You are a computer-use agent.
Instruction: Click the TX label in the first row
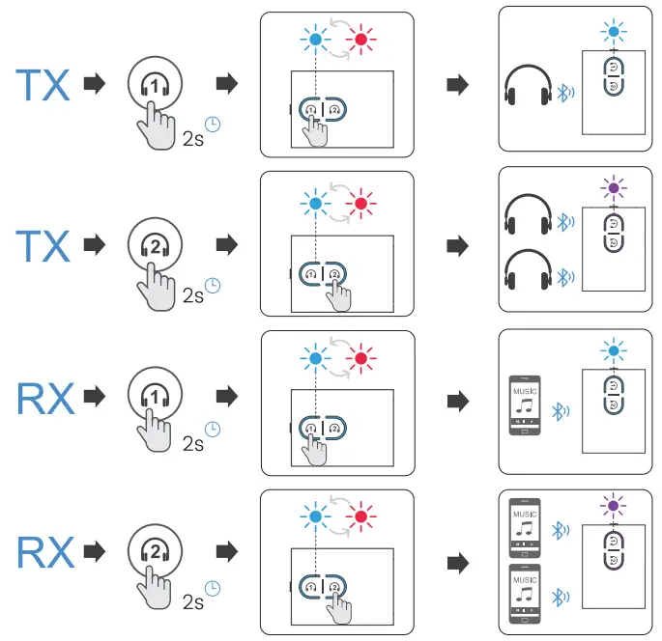point(43,86)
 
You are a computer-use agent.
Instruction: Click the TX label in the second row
point(43,246)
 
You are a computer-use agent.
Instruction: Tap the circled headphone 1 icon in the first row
point(154,85)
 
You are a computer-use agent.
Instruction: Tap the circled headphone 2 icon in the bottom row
point(154,552)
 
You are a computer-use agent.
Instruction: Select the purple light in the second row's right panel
point(611,186)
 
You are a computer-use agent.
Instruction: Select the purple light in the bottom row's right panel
point(611,505)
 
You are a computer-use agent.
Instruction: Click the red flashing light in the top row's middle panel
point(362,41)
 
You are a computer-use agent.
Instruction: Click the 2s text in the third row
point(193,444)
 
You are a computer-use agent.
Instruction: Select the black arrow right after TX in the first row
point(95,85)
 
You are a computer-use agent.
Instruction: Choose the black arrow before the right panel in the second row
point(457,245)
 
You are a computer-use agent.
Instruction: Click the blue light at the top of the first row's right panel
point(611,32)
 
